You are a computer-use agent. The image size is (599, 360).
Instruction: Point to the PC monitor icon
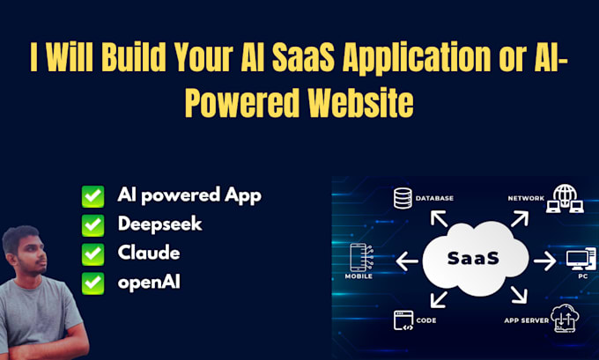(576, 260)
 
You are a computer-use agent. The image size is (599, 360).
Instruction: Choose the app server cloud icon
(565, 318)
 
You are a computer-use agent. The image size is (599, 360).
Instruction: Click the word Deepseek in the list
(159, 224)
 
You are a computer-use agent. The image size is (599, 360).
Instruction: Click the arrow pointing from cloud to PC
(543, 260)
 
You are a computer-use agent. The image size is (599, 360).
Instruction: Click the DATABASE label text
(434, 198)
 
